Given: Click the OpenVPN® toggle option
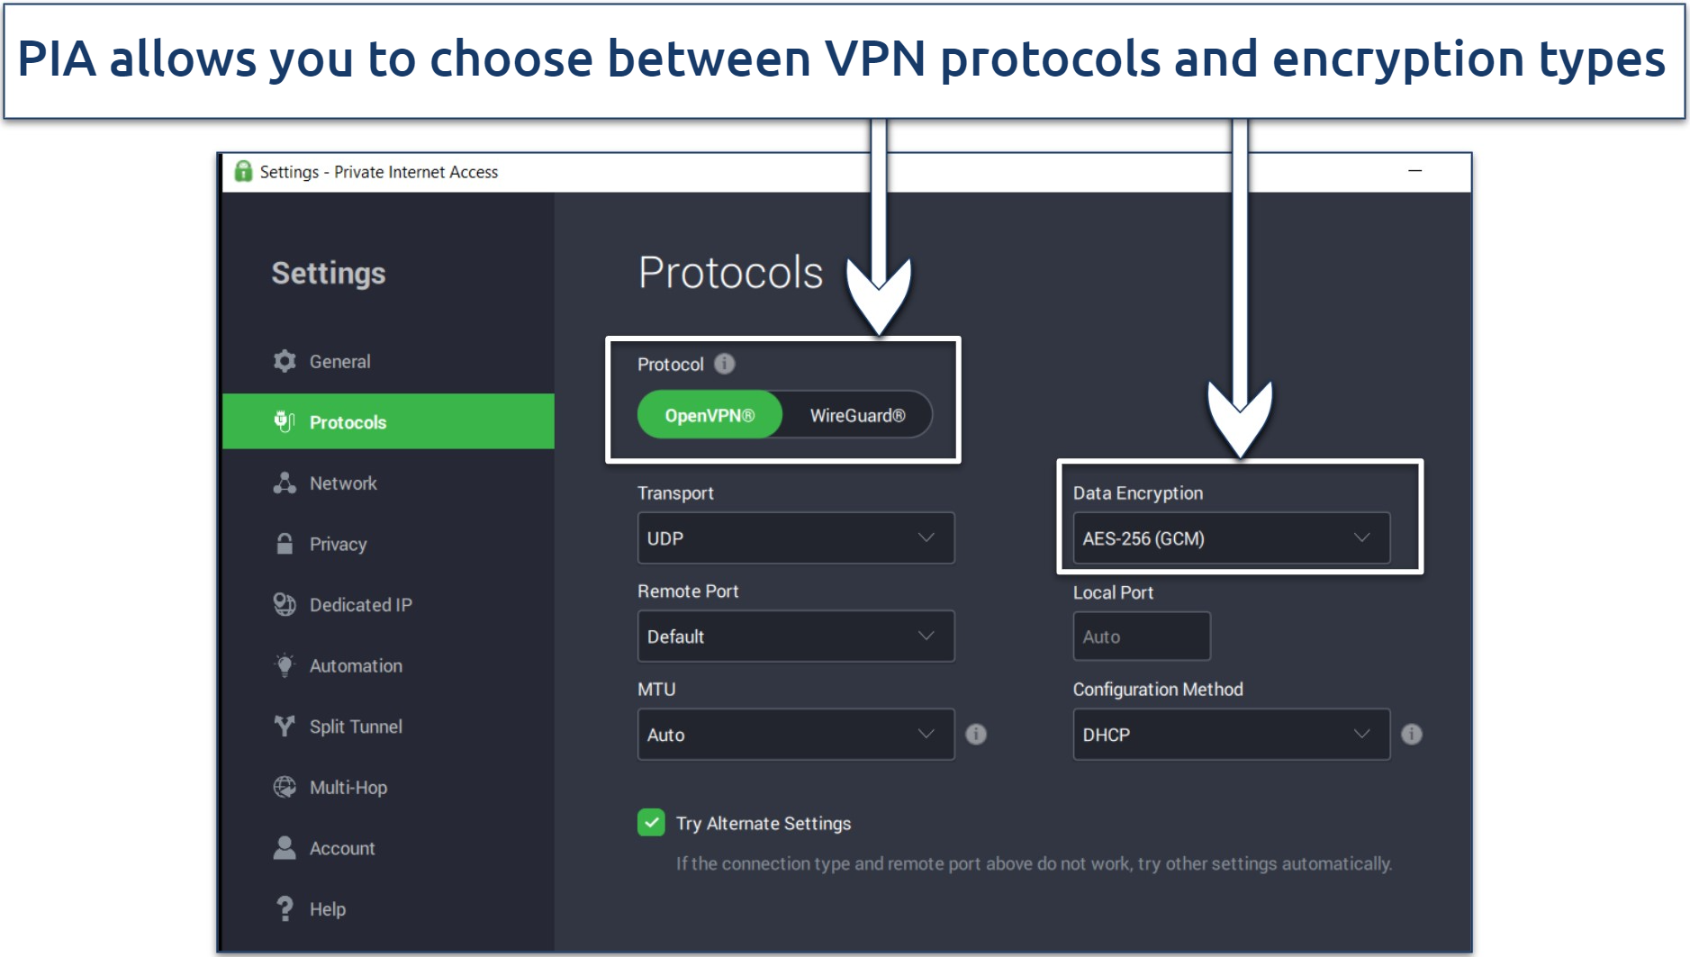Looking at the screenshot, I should coord(709,415).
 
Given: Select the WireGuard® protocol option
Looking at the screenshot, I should coord(857,415).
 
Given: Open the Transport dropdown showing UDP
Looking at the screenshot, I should coord(795,538).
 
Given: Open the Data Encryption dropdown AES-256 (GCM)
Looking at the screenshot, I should coord(1230,538).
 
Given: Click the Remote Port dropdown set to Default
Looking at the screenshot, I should coord(795,636).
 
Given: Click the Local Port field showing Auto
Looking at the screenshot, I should coord(1141,636).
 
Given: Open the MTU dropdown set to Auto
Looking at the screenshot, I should coord(795,735).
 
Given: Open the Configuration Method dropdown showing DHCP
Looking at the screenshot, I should coord(1230,735).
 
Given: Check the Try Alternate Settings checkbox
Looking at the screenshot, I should coord(651,823).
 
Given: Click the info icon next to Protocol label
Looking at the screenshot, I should coord(725,364).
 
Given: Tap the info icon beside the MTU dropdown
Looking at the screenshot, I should coord(976,735).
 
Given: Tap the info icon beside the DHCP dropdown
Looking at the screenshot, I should coord(1412,735).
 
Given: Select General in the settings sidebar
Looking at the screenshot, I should coord(339,361).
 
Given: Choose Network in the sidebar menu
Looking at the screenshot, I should coord(342,483).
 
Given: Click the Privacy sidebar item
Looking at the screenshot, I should coord(338,544).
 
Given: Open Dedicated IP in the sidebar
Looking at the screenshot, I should coord(360,605).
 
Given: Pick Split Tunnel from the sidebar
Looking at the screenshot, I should coord(355,727).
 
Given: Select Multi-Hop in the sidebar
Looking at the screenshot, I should coord(348,788).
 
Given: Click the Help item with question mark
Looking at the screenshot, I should coord(327,909).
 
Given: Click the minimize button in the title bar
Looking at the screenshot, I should coord(1414,171).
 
